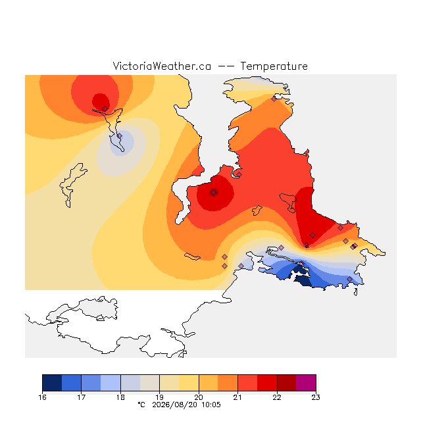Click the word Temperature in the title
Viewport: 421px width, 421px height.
[274, 66]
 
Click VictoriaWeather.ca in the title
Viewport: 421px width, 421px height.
[162, 66]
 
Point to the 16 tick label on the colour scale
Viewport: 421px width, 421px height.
[42, 397]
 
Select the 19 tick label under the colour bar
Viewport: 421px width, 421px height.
[159, 397]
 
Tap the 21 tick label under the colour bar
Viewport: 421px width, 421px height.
[237, 397]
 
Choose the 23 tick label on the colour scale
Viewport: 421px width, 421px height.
[316, 397]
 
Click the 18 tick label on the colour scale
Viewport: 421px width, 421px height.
[120, 397]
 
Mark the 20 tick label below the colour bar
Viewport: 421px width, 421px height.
[199, 397]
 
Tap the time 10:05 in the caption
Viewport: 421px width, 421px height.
[211, 405]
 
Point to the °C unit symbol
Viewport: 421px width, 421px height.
[141, 405]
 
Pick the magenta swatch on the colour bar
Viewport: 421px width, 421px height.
[306, 383]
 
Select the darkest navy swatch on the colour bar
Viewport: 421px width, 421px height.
[52, 383]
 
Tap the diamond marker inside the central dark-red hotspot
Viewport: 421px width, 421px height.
[213, 192]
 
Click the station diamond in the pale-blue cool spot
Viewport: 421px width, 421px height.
[120, 136]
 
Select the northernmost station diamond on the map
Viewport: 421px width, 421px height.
[274, 99]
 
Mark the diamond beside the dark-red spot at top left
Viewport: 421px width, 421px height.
[105, 109]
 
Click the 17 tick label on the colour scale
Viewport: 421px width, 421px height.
[82, 397]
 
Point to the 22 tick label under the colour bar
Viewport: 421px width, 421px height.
[277, 397]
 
